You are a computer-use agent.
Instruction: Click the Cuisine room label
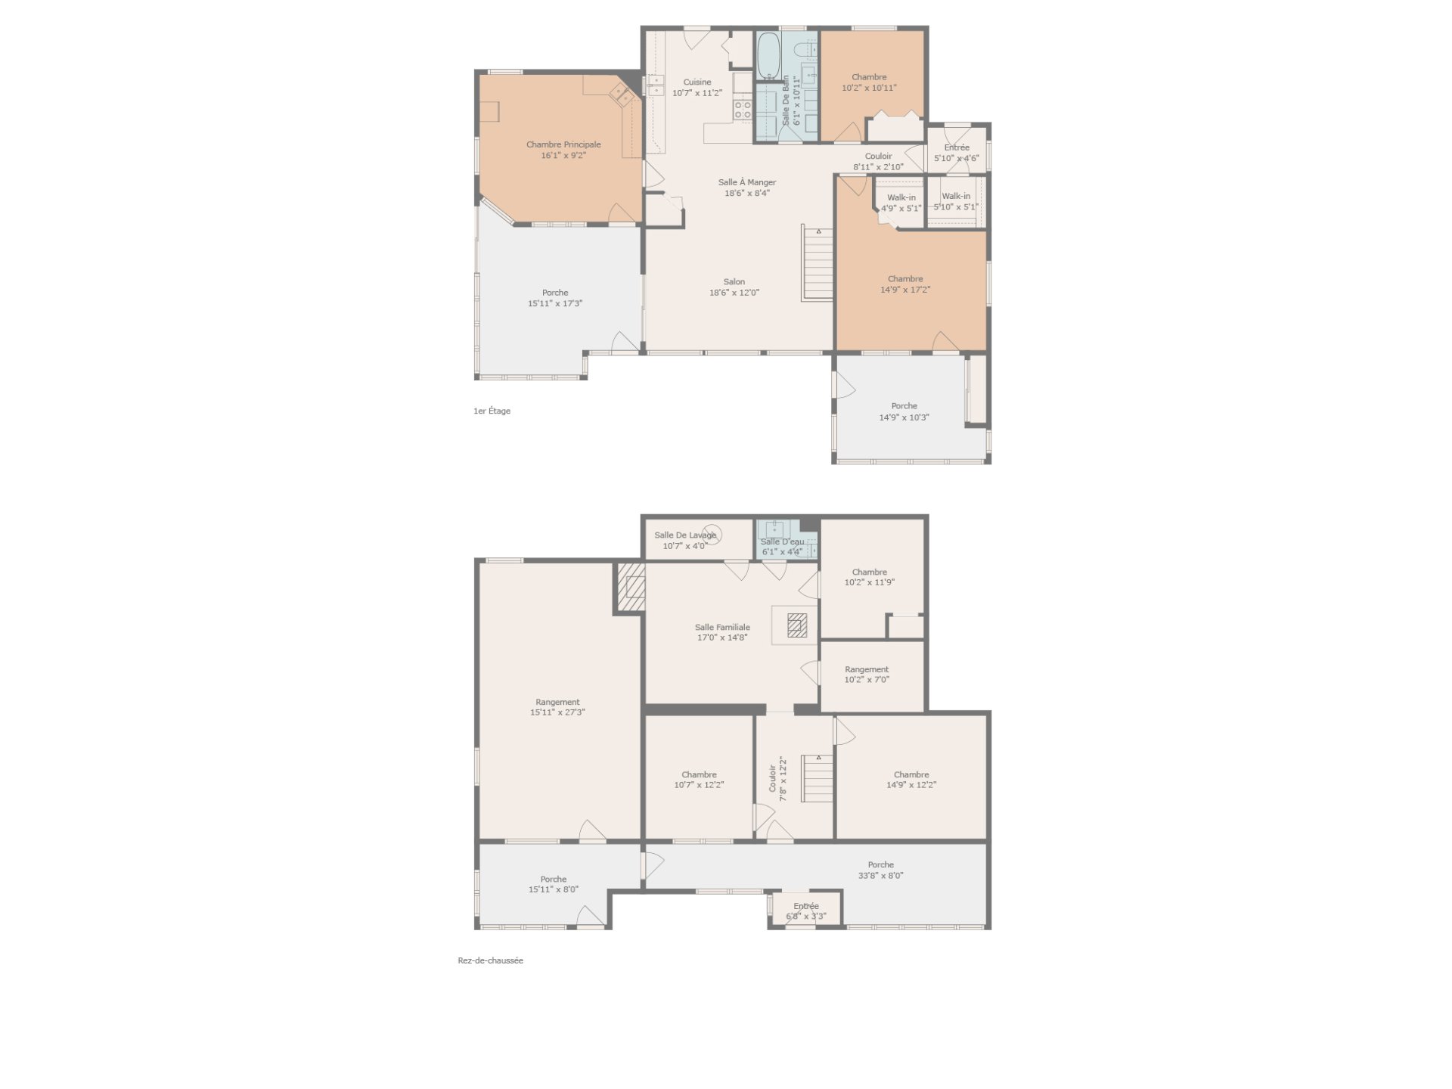point(697,82)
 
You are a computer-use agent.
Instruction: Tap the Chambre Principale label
point(564,144)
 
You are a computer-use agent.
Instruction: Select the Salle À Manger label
point(747,182)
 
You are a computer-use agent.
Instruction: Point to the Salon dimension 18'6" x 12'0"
point(734,293)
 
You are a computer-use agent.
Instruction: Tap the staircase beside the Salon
point(818,263)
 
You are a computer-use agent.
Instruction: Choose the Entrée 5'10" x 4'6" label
point(957,153)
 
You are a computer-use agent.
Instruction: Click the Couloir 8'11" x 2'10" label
point(879,162)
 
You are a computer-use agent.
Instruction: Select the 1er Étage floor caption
point(492,411)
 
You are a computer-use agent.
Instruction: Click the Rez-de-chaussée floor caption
point(490,960)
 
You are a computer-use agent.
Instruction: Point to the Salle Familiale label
point(723,627)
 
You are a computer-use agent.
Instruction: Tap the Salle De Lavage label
point(685,535)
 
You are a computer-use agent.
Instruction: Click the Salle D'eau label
point(783,541)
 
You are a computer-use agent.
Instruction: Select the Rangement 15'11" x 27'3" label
point(557,707)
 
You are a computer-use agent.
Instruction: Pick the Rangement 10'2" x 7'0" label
point(867,675)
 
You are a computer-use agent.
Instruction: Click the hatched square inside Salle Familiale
point(797,625)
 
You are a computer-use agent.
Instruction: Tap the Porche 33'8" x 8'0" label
point(881,870)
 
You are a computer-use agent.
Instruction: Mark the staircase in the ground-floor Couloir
point(818,778)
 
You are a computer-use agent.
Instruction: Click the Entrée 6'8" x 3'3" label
point(806,911)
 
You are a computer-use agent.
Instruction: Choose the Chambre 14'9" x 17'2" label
point(905,284)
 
